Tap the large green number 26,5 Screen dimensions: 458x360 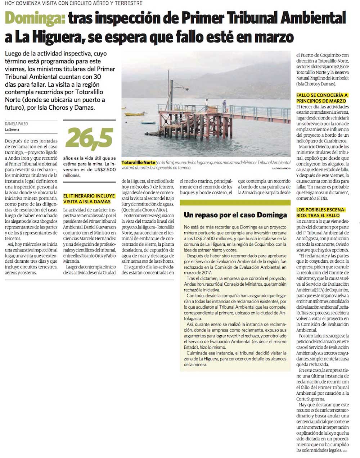pos(89,139)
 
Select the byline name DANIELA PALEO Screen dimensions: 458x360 pos(17,124)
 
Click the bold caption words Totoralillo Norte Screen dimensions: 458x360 pos(139,163)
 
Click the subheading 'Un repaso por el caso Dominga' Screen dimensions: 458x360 pos(235,215)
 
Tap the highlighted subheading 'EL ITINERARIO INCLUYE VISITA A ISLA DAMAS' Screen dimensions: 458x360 pos(89,199)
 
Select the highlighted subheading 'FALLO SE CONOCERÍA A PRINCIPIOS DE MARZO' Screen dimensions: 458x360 pos(322,98)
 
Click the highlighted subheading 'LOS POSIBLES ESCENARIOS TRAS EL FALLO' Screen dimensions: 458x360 pos(320,212)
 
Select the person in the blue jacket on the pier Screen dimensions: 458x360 pos(224,105)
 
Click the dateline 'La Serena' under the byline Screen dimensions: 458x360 pos(12,130)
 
